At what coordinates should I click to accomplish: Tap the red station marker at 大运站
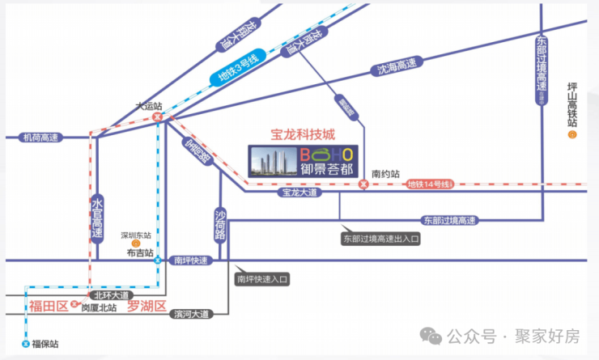pos(159,116)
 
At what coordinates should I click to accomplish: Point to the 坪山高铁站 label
pos(572,104)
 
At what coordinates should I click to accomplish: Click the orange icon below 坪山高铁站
pos(572,135)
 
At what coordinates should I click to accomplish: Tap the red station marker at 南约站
pos(363,184)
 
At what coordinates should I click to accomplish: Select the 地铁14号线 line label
pos(428,185)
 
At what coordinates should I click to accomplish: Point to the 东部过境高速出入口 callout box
pos(381,239)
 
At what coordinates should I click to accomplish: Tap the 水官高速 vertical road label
pos(98,218)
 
